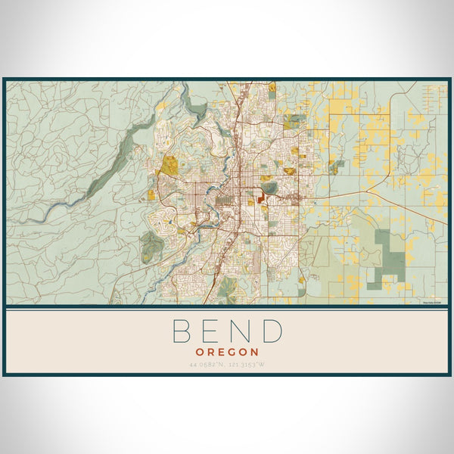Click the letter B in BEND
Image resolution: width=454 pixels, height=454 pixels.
tap(182, 331)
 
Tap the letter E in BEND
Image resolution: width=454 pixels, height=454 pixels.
tap(211, 331)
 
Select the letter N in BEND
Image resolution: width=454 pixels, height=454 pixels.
tap(241, 331)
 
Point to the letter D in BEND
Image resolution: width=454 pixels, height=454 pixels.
tap(272, 331)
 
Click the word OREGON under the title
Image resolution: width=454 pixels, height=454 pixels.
tap(227, 352)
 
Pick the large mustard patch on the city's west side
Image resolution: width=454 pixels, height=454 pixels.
tap(171, 165)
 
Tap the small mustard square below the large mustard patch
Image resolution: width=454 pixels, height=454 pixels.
tap(151, 194)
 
